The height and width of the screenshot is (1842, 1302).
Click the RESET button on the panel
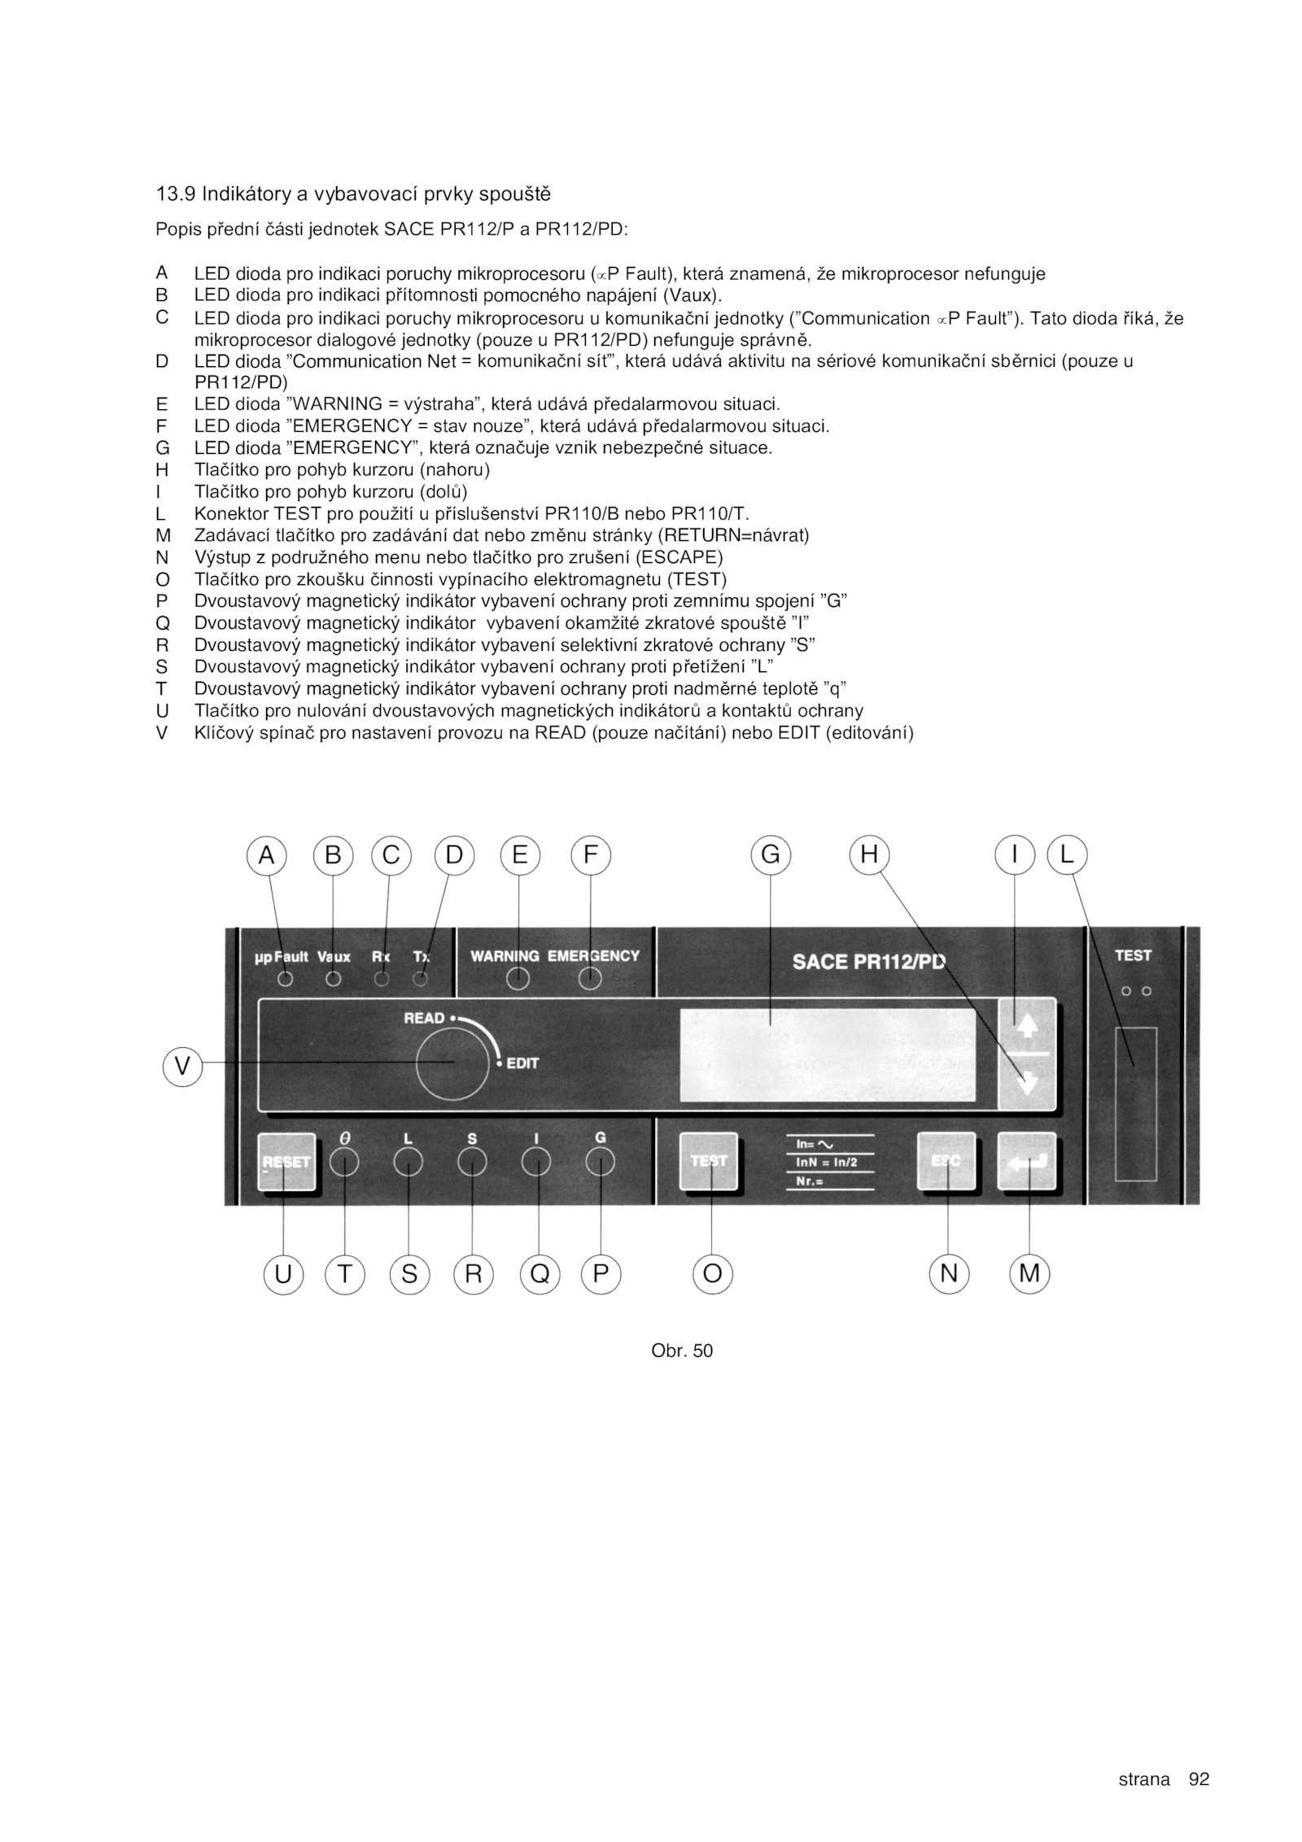(286, 1162)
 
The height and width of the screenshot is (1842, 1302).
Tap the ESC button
(946, 1162)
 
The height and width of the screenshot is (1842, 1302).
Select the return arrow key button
(1027, 1162)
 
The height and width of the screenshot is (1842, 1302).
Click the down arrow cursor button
(1027, 1083)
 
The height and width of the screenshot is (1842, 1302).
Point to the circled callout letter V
(182, 1065)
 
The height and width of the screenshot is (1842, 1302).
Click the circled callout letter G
(770, 855)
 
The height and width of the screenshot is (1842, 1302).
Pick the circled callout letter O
(712, 1273)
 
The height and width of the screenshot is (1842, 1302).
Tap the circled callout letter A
(267, 855)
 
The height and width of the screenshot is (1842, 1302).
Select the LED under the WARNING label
(518, 980)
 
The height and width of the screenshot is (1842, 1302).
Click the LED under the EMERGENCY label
(590, 980)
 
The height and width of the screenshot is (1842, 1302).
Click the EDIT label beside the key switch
(522, 1063)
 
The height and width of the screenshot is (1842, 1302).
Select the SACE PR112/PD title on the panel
(869, 962)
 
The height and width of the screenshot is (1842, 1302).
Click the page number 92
(1199, 1779)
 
